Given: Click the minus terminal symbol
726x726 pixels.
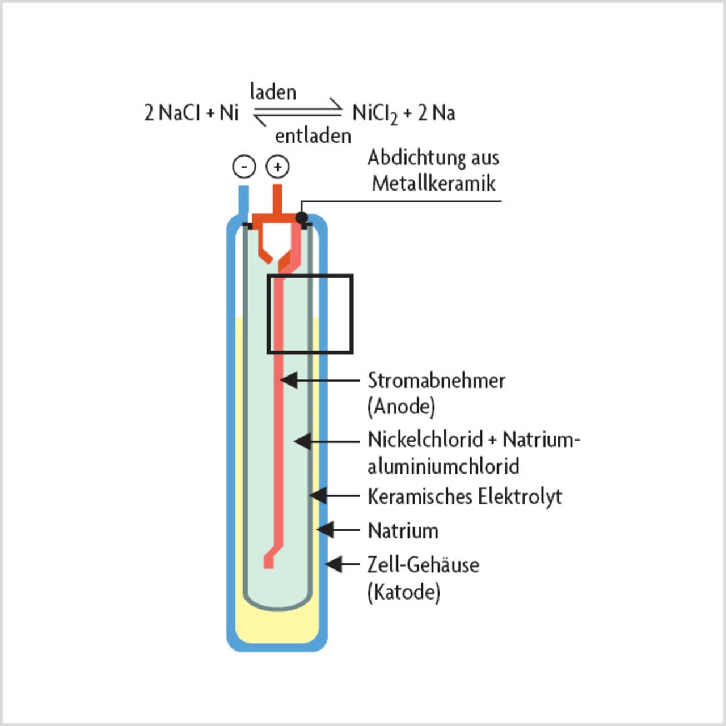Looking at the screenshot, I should pyautogui.click(x=244, y=167).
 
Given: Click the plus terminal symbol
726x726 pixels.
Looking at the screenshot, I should pyautogui.click(x=278, y=167).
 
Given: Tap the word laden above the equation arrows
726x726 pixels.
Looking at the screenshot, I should pyautogui.click(x=273, y=92).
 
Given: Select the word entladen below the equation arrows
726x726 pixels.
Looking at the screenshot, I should pyautogui.click(x=313, y=136).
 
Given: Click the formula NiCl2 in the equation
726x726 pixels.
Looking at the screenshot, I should pyautogui.click(x=374, y=113).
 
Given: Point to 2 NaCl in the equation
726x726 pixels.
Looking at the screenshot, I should pyautogui.click(x=172, y=113).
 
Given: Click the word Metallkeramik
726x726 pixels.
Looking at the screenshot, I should pyautogui.click(x=434, y=183).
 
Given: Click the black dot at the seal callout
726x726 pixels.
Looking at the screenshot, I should pyautogui.click(x=302, y=217).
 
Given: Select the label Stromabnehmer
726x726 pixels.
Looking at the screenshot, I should pyautogui.click(x=436, y=381).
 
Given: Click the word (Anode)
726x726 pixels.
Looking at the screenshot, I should pyautogui.click(x=402, y=407).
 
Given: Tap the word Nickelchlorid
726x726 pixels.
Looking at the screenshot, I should pyautogui.click(x=425, y=440).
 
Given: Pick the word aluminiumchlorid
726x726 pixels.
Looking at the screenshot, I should pyautogui.click(x=443, y=466).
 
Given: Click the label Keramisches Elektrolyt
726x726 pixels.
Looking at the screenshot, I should pyautogui.click(x=465, y=497).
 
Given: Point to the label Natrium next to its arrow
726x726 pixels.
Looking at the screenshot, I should pyautogui.click(x=403, y=531).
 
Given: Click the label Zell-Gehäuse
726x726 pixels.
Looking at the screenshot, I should pyautogui.click(x=423, y=565).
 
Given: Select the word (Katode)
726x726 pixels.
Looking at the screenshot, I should pyautogui.click(x=404, y=592).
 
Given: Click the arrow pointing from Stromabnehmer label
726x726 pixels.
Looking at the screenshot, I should pyautogui.click(x=320, y=380).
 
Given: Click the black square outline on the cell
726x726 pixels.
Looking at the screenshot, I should pyautogui.click(x=352, y=315).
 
